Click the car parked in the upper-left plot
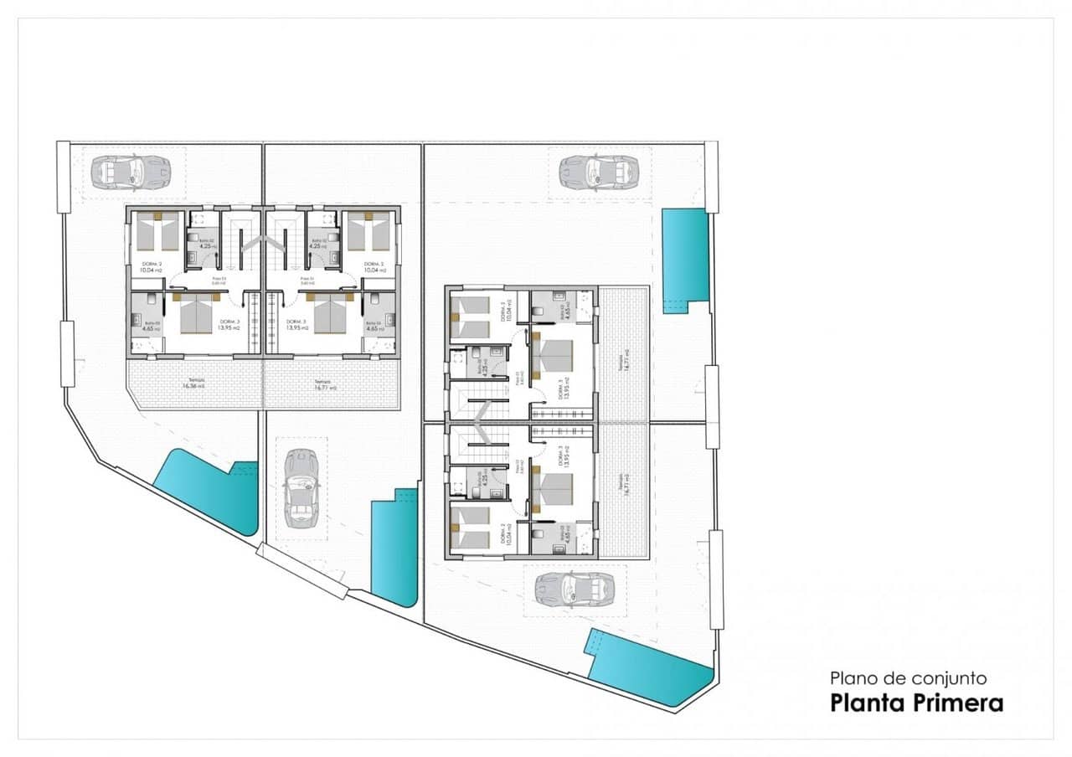(x=130, y=173)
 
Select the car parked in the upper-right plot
(x=599, y=172)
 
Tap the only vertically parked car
(x=301, y=488)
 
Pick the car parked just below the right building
(x=575, y=589)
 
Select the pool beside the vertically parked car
(x=394, y=548)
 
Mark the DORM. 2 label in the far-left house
(x=151, y=267)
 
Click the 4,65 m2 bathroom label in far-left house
(x=152, y=327)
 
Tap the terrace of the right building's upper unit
(x=622, y=355)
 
